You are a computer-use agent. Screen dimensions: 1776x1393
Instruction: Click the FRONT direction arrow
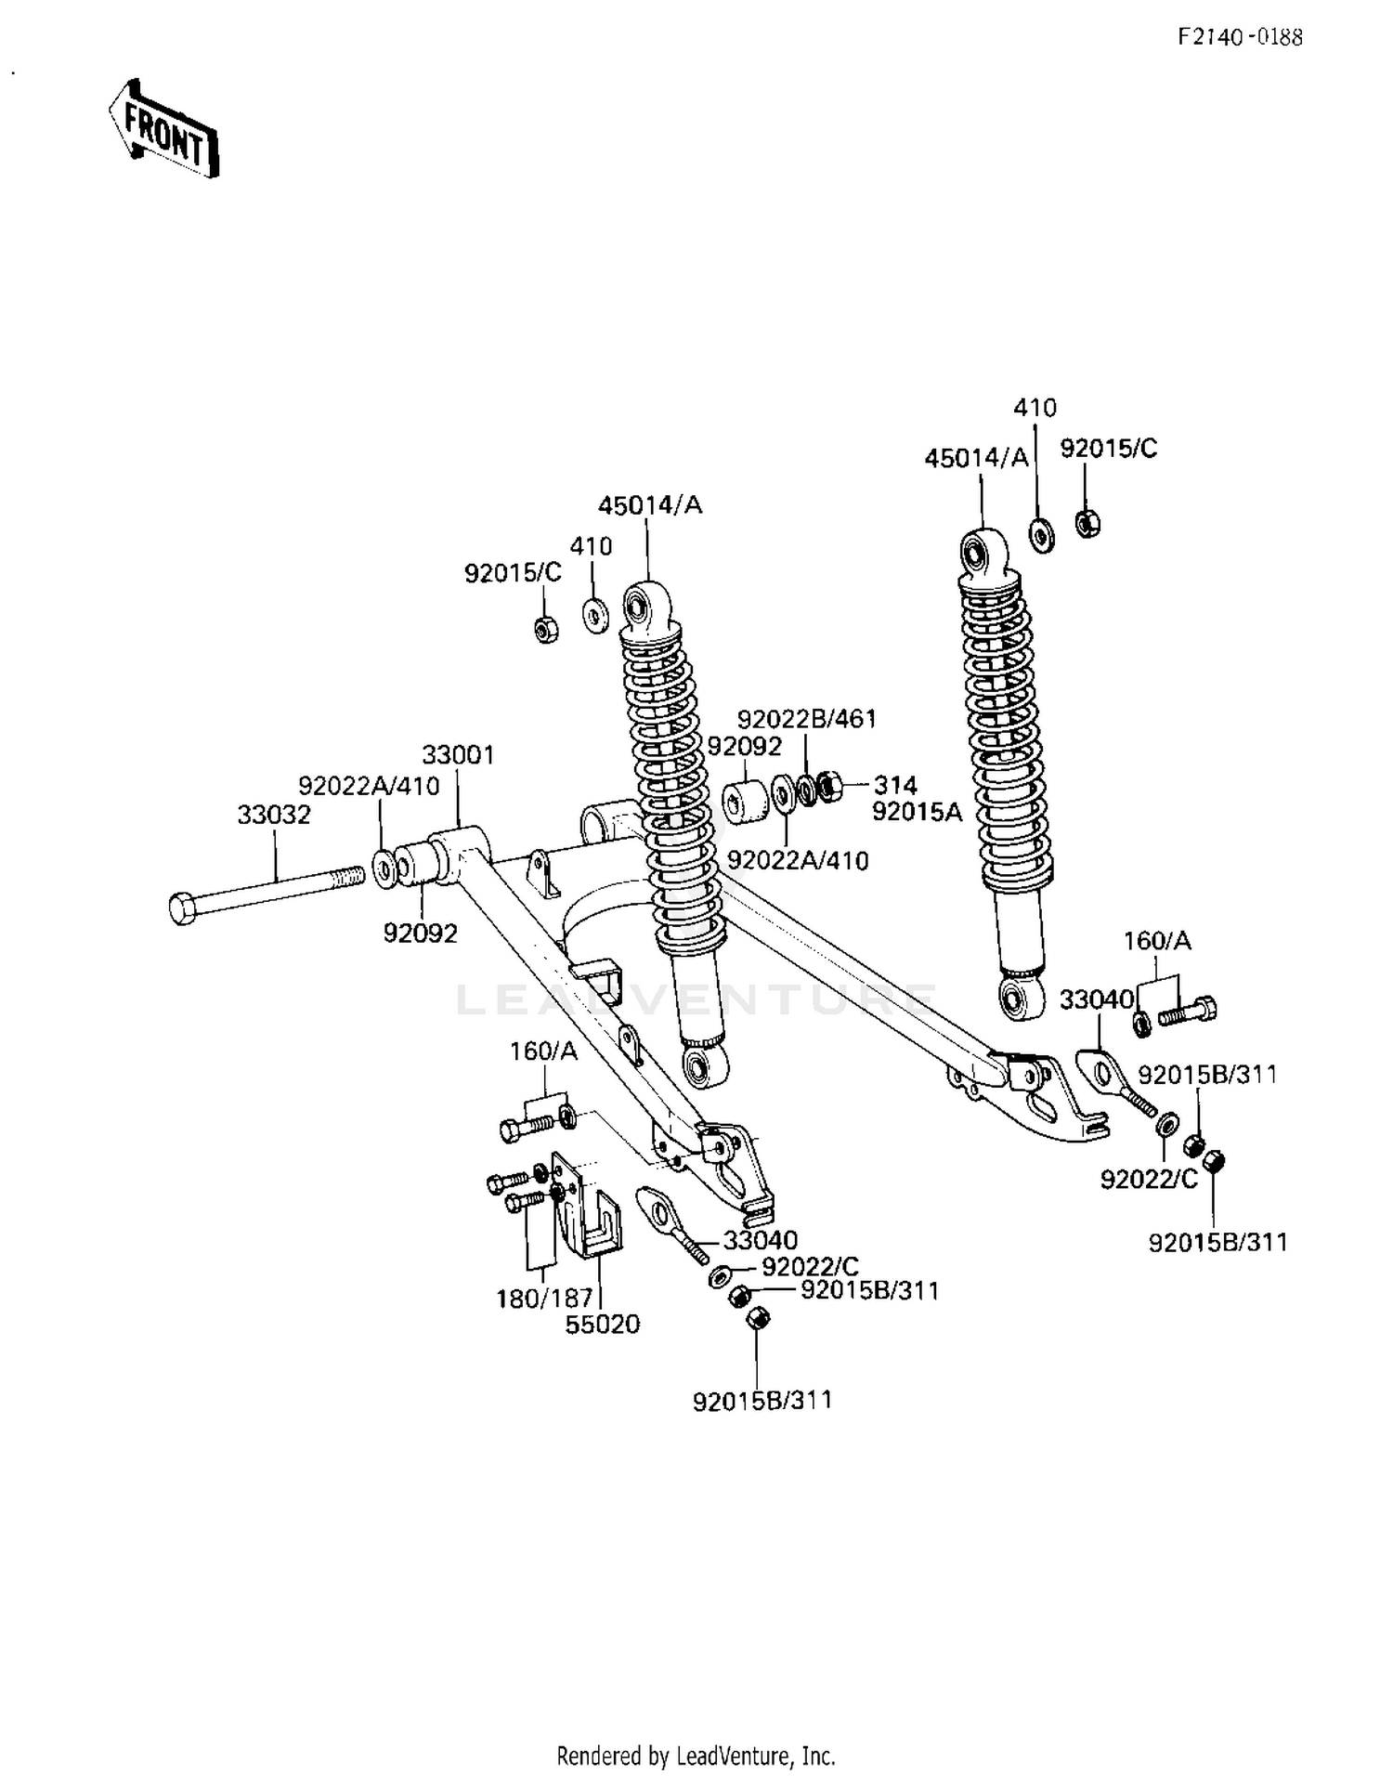(164, 130)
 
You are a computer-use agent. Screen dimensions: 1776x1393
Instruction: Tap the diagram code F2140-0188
(1240, 37)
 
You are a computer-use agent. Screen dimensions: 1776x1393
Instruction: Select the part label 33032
(274, 815)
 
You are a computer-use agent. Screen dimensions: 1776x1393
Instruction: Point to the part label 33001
(458, 754)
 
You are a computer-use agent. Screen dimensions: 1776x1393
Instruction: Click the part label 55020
(603, 1325)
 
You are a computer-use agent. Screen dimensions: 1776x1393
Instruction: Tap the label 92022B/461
(806, 719)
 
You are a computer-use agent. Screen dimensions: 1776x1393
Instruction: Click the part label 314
(894, 786)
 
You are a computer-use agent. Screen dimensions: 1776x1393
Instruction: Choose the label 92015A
(917, 812)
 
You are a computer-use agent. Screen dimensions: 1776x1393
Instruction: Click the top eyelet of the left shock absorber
(639, 608)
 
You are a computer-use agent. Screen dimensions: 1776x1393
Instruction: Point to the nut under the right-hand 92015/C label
(1087, 524)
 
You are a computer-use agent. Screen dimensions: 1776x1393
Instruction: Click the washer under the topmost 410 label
(1042, 536)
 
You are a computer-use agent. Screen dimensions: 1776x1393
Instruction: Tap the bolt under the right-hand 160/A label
(1187, 1012)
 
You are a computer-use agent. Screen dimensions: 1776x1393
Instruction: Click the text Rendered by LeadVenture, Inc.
(696, 1756)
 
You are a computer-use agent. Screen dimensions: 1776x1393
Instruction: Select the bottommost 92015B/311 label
(762, 1400)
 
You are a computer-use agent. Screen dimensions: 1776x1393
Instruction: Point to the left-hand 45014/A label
(649, 505)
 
